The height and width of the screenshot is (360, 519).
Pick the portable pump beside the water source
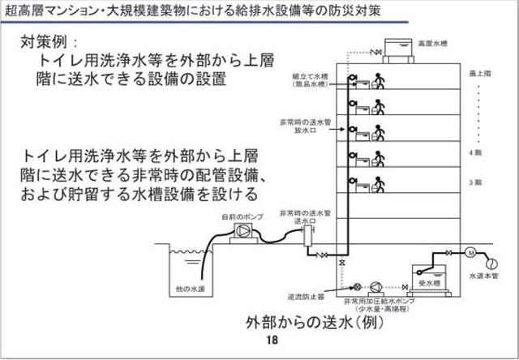243,232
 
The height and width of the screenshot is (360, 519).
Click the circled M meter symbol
469,254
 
